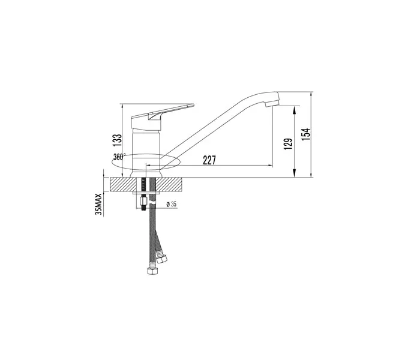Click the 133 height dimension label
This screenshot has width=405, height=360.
click(117, 140)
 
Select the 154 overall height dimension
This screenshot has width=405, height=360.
click(306, 134)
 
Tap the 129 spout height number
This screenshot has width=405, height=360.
click(288, 144)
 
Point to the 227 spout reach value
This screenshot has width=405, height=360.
click(209, 160)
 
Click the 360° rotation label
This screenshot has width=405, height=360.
click(119, 157)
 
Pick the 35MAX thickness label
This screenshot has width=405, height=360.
click(99, 204)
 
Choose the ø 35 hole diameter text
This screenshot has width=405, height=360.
click(172, 204)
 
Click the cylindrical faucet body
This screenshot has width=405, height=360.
click(146, 152)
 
